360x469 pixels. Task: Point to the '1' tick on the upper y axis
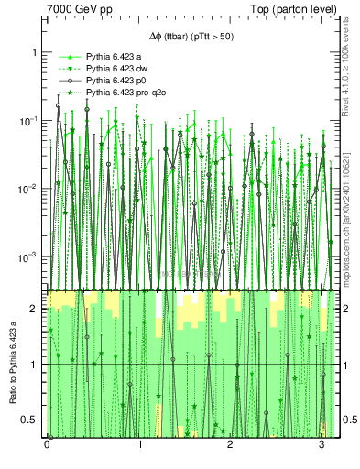(36, 52)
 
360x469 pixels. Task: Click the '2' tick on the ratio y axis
(36, 310)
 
